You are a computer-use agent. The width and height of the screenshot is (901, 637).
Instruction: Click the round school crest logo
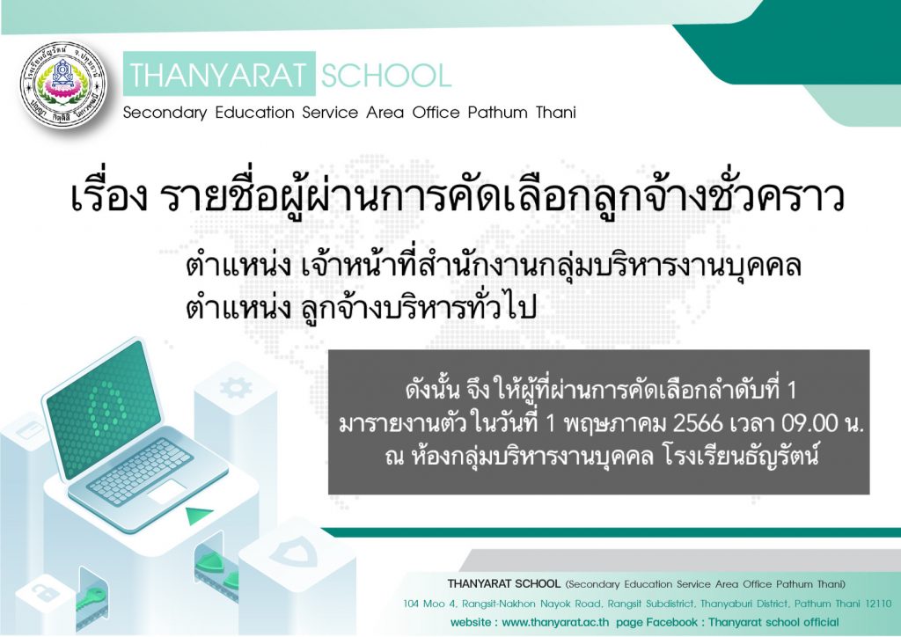63,84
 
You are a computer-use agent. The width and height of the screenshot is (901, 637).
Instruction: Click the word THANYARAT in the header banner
218,76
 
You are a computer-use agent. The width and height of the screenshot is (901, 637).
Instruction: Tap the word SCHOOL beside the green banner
386,76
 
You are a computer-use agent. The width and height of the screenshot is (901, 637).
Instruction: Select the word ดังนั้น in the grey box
432,390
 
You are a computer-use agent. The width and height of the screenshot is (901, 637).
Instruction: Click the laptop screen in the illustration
104,409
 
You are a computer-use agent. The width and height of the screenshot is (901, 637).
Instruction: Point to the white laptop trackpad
166,492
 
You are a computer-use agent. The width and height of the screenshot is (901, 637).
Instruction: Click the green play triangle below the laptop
197,516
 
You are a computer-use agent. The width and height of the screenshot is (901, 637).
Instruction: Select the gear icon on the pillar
235,388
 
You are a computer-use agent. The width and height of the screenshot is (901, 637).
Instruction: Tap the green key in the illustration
91,599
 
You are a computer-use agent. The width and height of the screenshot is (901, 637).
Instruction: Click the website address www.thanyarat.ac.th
555,622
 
